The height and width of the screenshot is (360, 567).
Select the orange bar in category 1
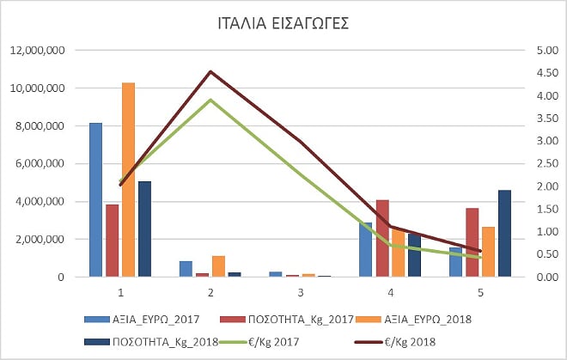[x=128, y=180]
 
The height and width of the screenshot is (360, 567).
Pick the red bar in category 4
[x=382, y=238]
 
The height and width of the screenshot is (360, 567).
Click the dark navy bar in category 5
[x=504, y=233]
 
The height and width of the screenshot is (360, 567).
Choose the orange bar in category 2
[x=218, y=266]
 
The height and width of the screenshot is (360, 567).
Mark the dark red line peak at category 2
[x=210, y=71]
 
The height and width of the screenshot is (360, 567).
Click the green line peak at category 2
[x=210, y=100]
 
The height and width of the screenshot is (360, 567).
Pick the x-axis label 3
[x=301, y=291]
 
